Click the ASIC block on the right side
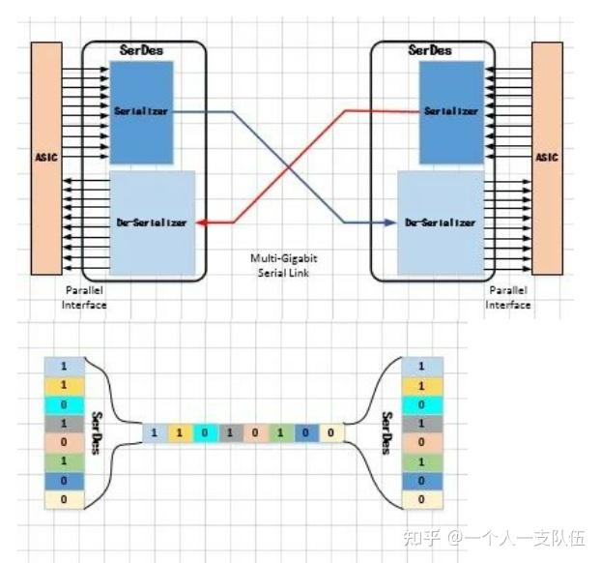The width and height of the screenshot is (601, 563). coord(546,158)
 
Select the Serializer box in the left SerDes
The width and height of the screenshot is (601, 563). coord(140,109)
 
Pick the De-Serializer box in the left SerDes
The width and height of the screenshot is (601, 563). coord(152,222)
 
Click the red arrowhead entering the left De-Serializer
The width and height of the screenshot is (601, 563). coord(200,222)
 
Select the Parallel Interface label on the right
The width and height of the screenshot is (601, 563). coord(508,297)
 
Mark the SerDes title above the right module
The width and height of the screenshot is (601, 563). coord(429,48)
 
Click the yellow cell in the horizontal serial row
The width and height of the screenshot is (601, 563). coord(179,432)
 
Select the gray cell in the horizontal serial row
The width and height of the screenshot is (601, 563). coord(229,432)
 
